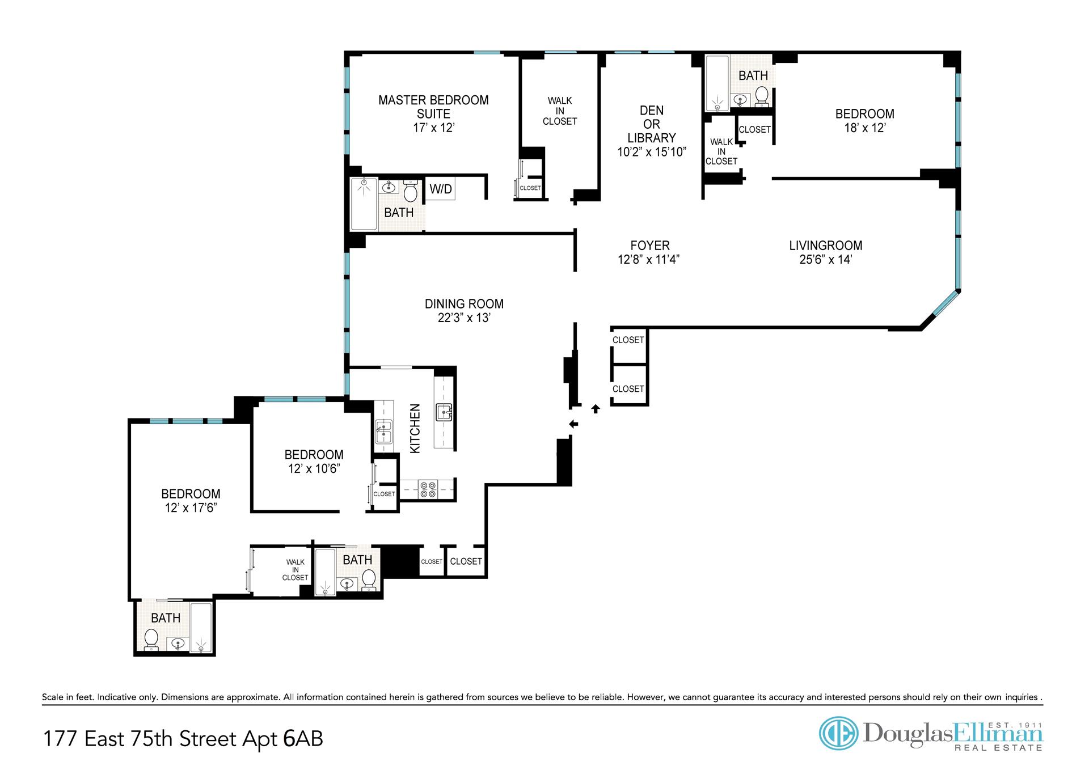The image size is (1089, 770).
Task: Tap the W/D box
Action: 441,189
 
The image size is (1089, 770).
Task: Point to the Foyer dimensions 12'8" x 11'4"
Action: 650,260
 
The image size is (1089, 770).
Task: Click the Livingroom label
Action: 825,246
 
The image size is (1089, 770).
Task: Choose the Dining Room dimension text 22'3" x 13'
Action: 464,318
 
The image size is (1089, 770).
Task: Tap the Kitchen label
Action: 415,429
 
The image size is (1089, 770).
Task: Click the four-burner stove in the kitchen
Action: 427,489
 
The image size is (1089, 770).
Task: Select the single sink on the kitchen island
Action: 444,412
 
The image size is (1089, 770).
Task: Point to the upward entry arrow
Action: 596,408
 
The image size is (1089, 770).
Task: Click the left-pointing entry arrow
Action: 573,424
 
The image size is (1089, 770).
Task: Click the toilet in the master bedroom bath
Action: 411,191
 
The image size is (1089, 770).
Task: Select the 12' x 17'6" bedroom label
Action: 191,501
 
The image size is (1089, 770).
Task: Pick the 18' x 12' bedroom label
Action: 865,121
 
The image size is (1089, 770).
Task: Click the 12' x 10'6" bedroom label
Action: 314,462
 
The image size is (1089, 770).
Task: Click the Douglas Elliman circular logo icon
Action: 839,733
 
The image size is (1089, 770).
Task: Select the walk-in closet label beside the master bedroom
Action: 560,111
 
